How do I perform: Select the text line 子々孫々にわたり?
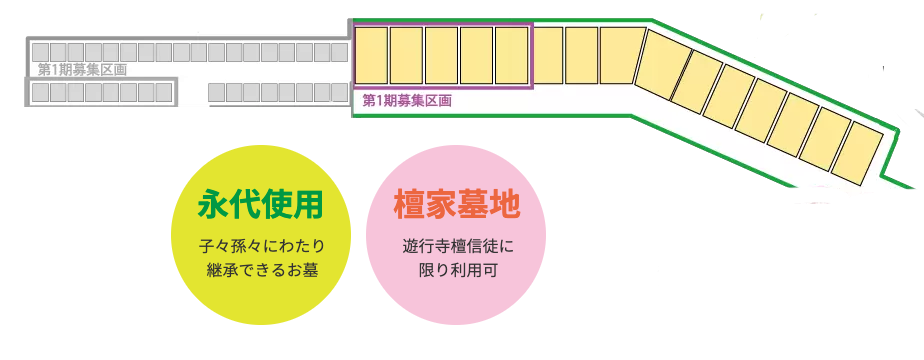pyautogui.click(x=263, y=246)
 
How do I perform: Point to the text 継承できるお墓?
pyautogui.click(x=262, y=270)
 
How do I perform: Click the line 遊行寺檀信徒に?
pyautogui.click(x=457, y=246)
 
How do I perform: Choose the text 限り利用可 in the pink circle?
pyautogui.click(x=457, y=270)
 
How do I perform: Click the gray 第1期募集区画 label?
pyautogui.click(x=82, y=70)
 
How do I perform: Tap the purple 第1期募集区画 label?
pyautogui.click(x=407, y=101)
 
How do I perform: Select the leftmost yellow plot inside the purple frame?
pyautogui.click(x=372, y=55)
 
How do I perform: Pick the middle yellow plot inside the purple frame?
pyautogui.click(x=442, y=55)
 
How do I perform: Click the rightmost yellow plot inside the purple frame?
pyautogui.click(x=511, y=55)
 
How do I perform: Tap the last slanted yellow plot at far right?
pyautogui.click(x=857, y=153)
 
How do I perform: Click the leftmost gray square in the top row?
pyautogui.click(x=41, y=52)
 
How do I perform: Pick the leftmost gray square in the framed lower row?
pyautogui.click(x=41, y=93)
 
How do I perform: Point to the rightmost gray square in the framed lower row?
pyautogui.click(x=164, y=93)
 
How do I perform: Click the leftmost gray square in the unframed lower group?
pyautogui.click(x=217, y=93)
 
